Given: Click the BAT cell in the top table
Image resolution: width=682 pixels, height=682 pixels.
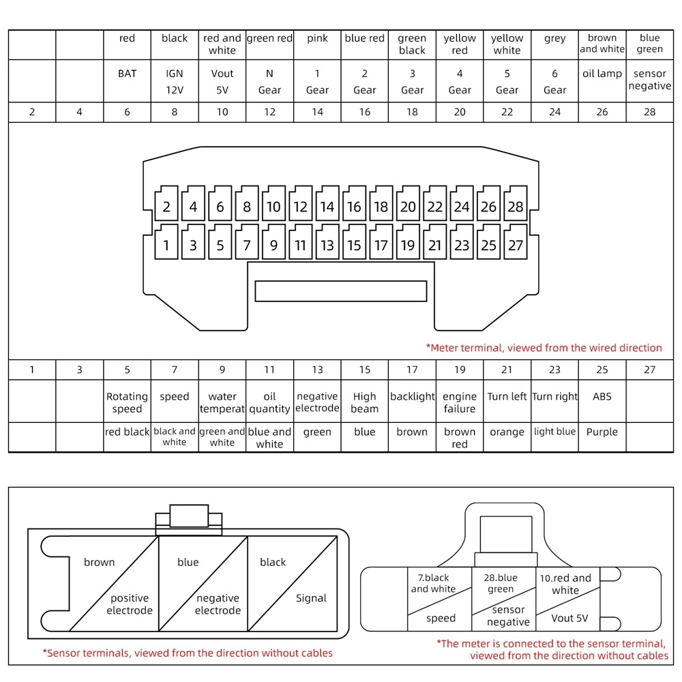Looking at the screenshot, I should [127, 74].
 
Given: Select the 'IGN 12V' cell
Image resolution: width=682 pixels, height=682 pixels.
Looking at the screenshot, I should [175, 81].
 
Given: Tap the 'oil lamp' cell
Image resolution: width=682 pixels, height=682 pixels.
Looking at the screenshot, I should [602, 74].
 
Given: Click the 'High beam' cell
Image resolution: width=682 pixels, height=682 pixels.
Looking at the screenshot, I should [365, 402].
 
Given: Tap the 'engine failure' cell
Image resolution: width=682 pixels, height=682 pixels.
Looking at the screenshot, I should [460, 402].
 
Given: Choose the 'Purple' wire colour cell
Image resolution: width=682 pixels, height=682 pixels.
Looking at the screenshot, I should [602, 432].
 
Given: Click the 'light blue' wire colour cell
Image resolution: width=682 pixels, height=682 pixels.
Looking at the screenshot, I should [554, 432].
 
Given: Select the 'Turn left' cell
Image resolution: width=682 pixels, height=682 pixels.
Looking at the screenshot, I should [507, 397].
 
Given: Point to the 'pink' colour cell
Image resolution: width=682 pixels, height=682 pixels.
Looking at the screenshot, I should [317, 39].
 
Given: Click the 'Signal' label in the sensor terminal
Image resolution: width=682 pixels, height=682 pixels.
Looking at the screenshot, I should [311, 598].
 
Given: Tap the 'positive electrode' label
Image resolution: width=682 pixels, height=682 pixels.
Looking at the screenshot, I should [130, 604].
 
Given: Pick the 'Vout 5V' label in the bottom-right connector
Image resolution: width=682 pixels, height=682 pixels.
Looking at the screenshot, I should [569, 619].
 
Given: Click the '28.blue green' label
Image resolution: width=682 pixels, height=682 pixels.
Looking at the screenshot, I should [501, 583].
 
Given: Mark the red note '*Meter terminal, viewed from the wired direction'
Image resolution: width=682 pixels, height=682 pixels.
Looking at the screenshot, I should [544, 348].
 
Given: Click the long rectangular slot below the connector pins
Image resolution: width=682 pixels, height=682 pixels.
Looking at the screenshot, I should [340, 291].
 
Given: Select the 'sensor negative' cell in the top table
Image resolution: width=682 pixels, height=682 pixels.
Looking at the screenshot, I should [649, 80].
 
